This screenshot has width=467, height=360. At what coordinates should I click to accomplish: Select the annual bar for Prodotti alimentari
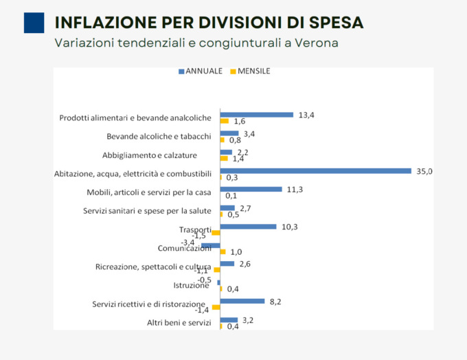[x=256, y=115]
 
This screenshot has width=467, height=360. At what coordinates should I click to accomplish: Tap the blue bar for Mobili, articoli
[x=251, y=189]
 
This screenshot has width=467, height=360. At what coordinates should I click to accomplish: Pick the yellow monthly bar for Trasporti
[x=216, y=233]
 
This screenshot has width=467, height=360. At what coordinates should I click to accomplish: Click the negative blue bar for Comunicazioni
[x=210, y=245]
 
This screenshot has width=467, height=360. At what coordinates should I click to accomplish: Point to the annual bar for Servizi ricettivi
[x=242, y=300]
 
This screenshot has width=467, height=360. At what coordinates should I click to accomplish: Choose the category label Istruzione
[x=190, y=286]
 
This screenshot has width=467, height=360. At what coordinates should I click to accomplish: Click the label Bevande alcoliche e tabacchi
[x=159, y=137]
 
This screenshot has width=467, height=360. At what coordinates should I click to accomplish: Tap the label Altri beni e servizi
[x=179, y=323]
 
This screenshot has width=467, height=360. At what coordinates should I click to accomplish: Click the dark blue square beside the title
[x=34, y=23]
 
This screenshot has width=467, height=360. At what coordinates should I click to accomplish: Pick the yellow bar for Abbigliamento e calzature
[x=224, y=158]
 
